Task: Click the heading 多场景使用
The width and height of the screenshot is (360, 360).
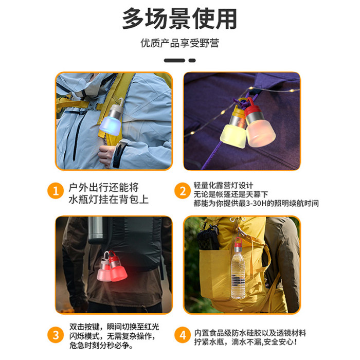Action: [179, 19]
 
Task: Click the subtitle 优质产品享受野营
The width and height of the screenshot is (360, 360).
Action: [180, 43]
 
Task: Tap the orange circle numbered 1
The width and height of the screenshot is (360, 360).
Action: [56, 191]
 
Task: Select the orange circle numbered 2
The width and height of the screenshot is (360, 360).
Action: [183, 191]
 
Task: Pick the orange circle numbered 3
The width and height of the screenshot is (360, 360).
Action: [56, 335]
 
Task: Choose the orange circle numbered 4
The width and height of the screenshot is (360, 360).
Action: [183, 335]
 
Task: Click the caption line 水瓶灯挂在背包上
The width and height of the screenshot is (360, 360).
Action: [109, 199]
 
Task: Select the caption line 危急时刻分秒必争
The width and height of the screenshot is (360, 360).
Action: [101, 345]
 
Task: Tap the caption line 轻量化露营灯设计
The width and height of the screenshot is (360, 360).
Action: [223, 185]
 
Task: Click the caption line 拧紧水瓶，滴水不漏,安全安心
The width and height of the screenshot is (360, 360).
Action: [246, 342]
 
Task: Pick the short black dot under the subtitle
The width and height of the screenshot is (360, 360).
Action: [192, 61]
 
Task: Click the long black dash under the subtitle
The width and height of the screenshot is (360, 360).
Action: [174, 61]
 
